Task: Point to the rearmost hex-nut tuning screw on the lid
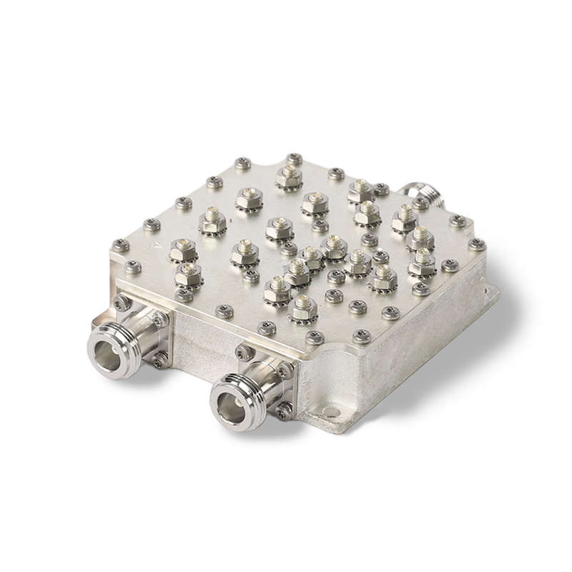click(x=289, y=173)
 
